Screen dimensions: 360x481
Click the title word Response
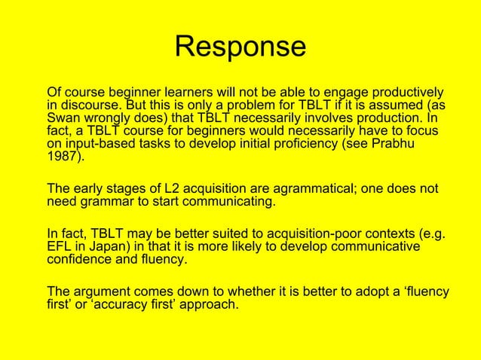[x=240, y=47]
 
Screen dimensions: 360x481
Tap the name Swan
[x=65, y=118]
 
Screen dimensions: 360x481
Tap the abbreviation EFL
[x=60, y=246]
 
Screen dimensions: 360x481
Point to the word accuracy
[x=119, y=304]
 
